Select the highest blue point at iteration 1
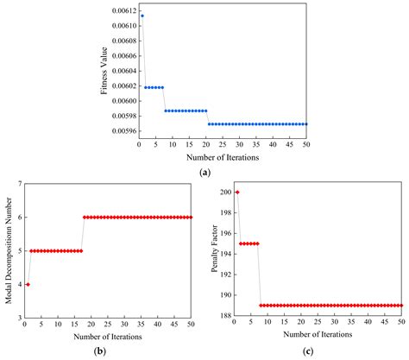click(x=142, y=16)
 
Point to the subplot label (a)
click(x=204, y=173)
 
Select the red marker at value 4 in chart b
click(x=27, y=284)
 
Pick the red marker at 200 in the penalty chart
click(x=237, y=192)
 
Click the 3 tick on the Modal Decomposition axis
click(x=16, y=318)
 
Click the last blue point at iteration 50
click(x=306, y=124)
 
